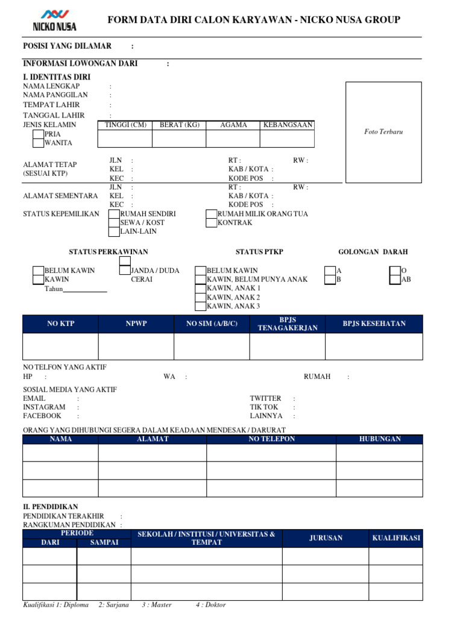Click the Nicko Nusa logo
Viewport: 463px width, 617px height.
pyautogui.click(x=54, y=20)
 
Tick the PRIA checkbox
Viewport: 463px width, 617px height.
pyautogui.click(x=39, y=134)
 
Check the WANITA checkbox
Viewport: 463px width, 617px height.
pyautogui.click(x=39, y=143)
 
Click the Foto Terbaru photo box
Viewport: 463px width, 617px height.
pyautogui.click(x=383, y=131)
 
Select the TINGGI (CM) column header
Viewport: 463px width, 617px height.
pyautogui.click(x=125, y=125)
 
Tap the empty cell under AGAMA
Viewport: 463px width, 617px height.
pyautogui.click(x=233, y=139)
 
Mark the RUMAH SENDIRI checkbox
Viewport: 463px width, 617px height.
pyautogui.click(x=114, y=214)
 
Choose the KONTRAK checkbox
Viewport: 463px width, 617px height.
pyautogui.click(x=211, y=223)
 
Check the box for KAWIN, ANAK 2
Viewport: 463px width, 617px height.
pyautogui.click(x=201, y=298)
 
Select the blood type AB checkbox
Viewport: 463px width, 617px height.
pyautogui.click(x=395, y=280)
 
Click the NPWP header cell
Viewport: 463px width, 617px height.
pyautogui.click(x=136, y=324)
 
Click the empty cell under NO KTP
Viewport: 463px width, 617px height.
pyautogui.click(x=60, y=346)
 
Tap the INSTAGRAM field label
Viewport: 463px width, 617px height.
pyautogui.click(x=44, y=407)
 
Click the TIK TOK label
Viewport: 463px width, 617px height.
pyautogui.click(x=264, y=407)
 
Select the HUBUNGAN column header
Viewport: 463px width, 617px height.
pyautogui.click(x=379, y=439)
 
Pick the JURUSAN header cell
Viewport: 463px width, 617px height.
pyautogui.click(x=326, y=538)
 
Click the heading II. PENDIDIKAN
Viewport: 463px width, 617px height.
pyautogui.click(x=51, y=507)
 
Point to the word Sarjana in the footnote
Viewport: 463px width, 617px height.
pyautogui.click(x=117, y=604)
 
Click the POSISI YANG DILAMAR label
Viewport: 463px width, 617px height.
pyautogui.click(x=67, y=46)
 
